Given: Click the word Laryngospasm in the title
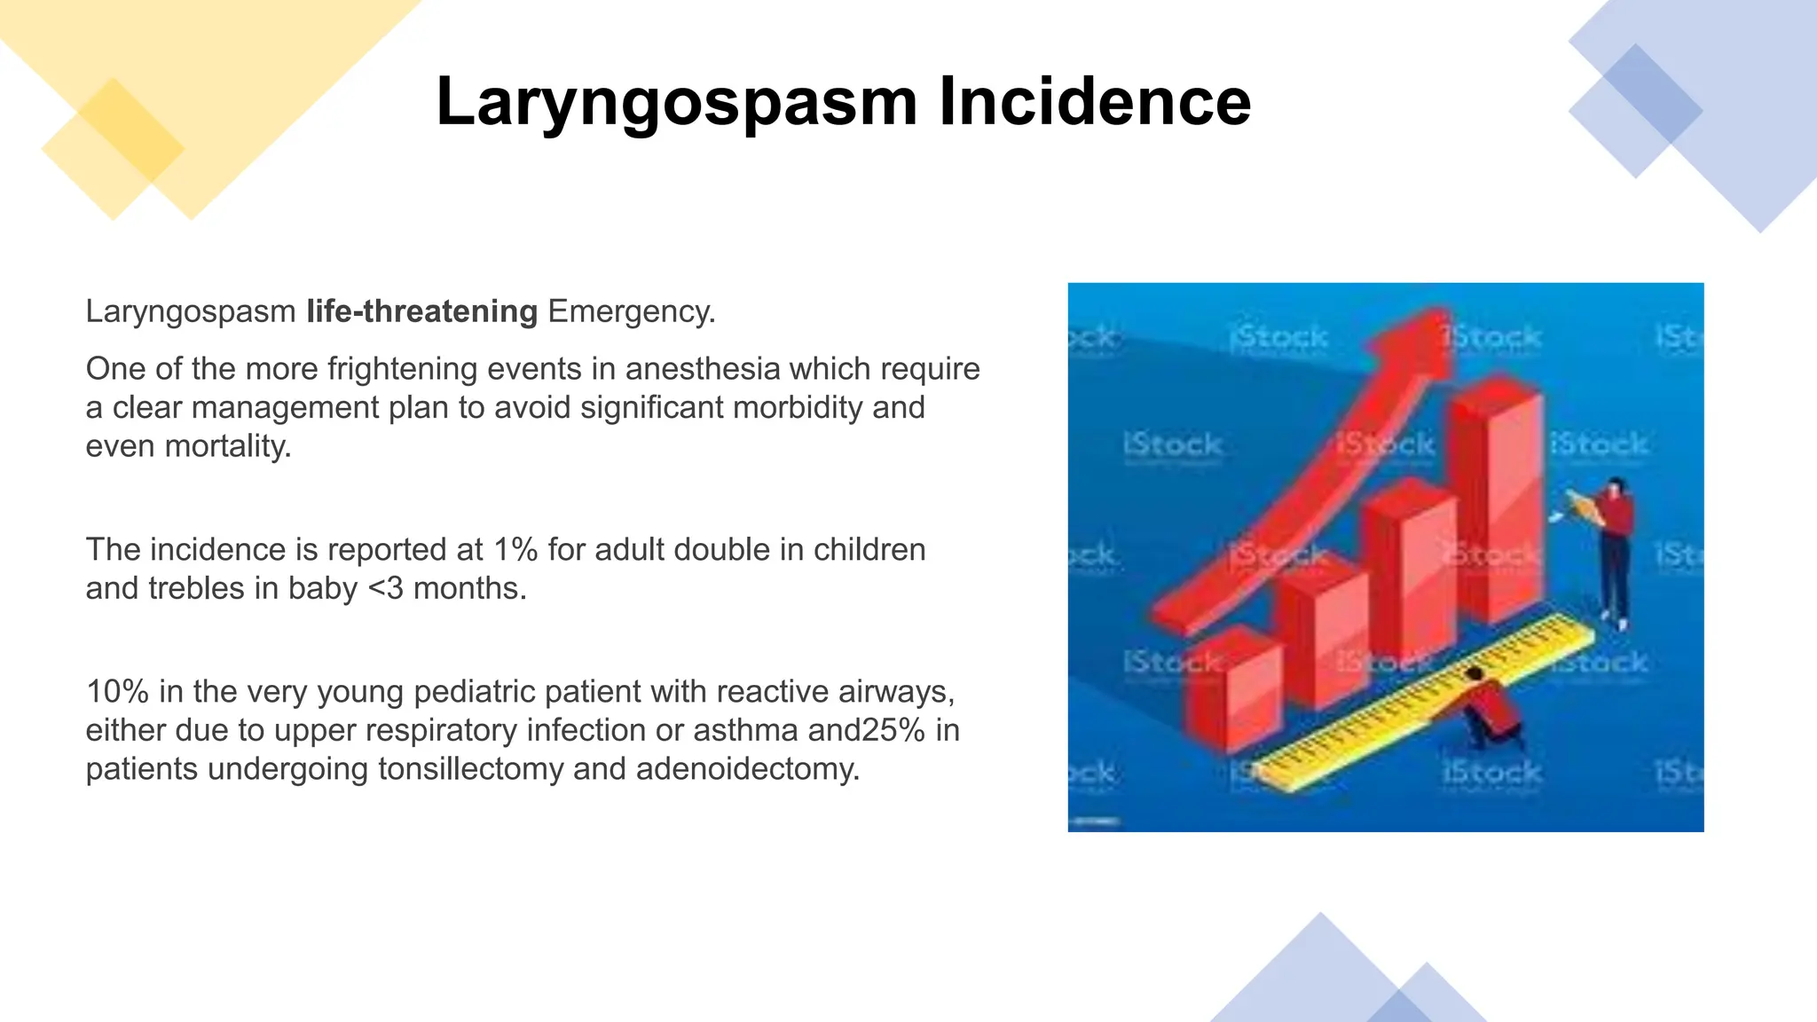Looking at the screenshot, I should click(676, 103).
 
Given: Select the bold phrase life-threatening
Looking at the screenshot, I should click(421, 311).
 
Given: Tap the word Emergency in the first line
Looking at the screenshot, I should click(630, 311).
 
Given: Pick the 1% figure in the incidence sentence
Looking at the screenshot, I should click(515, 550).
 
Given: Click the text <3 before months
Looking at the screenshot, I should click(385, 588).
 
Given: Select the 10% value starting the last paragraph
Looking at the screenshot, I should click(116, 691).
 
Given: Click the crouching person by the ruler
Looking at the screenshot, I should click(1491, 710).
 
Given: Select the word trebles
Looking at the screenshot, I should click(195, 588).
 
